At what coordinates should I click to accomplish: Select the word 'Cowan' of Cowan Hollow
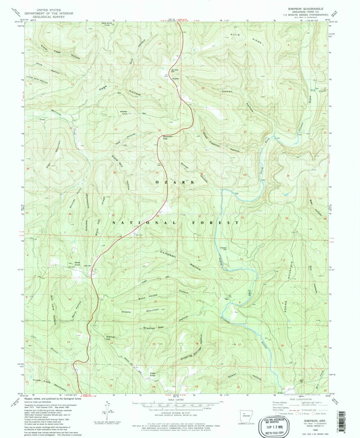[227, 91]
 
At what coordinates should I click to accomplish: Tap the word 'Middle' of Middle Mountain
[127, 312]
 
